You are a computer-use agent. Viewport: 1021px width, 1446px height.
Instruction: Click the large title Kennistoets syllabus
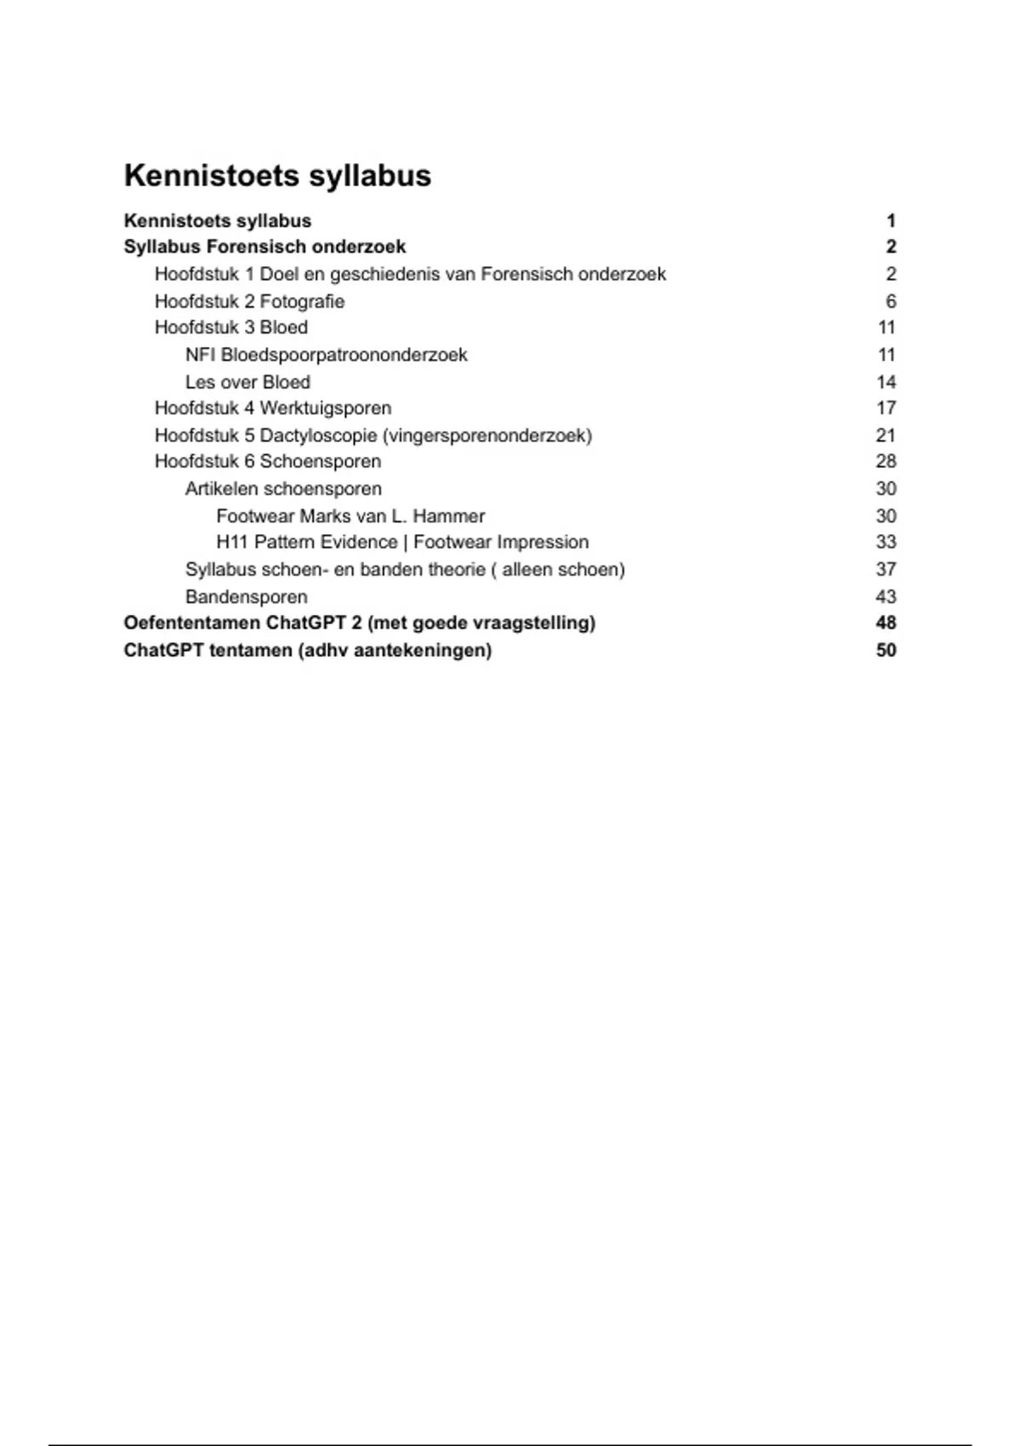tap(277, 176)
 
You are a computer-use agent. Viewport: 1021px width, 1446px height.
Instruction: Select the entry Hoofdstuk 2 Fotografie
tap(249, 301)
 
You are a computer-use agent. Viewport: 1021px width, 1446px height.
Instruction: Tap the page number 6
tap(891, 301)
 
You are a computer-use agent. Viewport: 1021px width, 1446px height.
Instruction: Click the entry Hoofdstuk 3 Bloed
tap(231, 327)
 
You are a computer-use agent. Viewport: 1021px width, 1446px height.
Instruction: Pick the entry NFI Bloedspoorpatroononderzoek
tap(326, 355)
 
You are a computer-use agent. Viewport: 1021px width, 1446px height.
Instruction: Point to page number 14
tap(886, 382)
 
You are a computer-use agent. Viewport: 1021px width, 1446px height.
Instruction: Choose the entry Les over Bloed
tap(248, 382)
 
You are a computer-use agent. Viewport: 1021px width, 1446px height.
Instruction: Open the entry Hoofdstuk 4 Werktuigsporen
tap(272, 408)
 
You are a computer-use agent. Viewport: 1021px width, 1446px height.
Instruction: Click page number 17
tap(886, 408)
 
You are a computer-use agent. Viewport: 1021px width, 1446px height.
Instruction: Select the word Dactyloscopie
tap(318, 436)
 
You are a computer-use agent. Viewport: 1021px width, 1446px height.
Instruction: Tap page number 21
tap(886, 436)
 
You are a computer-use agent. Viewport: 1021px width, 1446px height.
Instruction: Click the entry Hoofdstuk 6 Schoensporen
tap(267, 461)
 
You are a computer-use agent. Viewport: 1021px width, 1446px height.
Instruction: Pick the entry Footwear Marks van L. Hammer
tap(351, 516)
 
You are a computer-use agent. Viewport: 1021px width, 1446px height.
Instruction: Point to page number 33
tap(886, 542)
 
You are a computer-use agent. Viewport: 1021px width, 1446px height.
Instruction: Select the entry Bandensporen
tap(246, 596)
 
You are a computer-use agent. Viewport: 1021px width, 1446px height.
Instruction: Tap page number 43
tap(886, 596)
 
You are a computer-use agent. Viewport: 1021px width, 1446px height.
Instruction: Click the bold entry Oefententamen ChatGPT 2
tap(359, 623)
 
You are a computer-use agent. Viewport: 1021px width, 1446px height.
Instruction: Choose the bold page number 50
tap(886, 650)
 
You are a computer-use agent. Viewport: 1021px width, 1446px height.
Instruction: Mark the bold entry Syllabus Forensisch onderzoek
tap(265, 247)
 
